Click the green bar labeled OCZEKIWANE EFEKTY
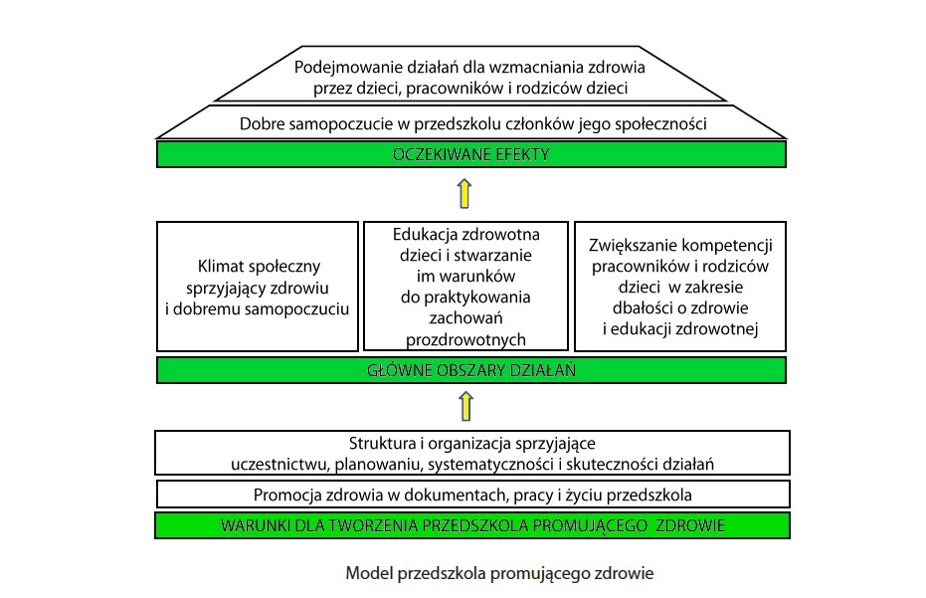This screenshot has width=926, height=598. (x=471, y=154)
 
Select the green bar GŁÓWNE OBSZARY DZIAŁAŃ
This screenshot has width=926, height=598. (x=471, y=370)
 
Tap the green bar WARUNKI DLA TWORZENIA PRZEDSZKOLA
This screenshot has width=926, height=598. (x=471, y=524)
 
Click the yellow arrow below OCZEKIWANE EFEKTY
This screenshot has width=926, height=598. (x=463, y=192)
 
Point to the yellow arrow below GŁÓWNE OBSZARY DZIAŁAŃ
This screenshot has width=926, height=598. (x=463, y=406)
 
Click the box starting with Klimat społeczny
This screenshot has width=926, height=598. (x=258, y=287)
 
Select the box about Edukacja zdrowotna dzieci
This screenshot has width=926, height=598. (x=465, y=287)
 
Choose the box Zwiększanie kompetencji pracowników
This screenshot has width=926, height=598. (x=680, y=287)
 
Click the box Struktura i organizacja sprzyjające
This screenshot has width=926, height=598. (x=471, y=453)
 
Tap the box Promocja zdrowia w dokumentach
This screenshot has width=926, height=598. (x=471, y=495)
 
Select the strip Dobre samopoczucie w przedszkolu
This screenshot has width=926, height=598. (x=471, y=125)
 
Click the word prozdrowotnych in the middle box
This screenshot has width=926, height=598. (x=465, y=339)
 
